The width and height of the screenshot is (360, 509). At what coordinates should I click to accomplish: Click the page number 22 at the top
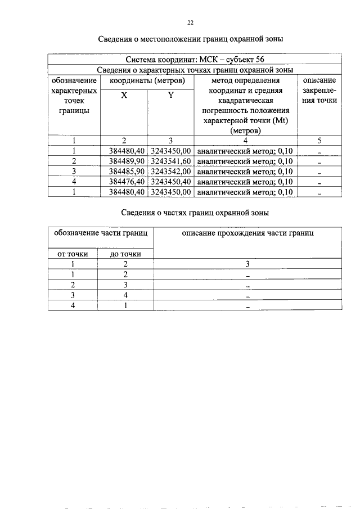coord(190,22)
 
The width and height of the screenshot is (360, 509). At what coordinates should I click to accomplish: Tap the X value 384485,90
coord(126,172)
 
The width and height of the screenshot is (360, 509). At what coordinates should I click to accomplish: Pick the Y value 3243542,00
coord(171,172)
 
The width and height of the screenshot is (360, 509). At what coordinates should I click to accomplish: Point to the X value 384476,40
coord(126,182)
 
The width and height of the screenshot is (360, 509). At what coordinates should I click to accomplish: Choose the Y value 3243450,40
coord(171,182)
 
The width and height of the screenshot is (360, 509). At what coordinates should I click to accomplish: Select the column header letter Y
coord(170,96)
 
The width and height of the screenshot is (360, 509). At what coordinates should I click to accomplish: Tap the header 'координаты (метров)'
coord(147,80)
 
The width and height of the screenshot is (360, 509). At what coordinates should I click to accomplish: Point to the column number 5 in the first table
coord(319,141)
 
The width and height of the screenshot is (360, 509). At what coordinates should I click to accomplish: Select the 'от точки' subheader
coord(73,254)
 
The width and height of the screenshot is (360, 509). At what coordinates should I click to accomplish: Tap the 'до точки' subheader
coord(125,254)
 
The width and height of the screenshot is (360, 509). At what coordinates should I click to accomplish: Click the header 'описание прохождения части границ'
coord(247,232)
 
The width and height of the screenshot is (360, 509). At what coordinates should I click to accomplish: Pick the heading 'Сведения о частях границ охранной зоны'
coord(195,213)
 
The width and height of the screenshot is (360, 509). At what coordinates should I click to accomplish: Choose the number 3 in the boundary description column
coord(247,264)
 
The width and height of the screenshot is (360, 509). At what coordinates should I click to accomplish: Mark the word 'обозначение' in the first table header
coord(74,80)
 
